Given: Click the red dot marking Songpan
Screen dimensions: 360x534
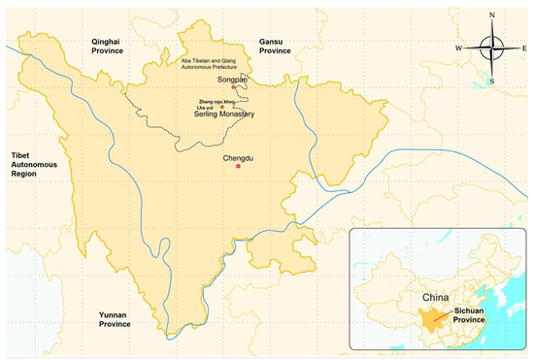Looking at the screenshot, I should (234, 86).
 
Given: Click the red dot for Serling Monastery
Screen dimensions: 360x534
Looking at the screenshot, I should (222, 105).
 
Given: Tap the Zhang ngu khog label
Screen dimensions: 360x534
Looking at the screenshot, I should (219, 99).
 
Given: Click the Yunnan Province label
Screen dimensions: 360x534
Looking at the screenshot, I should (115, 319).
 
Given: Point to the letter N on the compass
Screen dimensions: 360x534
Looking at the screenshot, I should (492, 15).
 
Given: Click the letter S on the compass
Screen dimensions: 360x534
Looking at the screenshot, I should (492, 82).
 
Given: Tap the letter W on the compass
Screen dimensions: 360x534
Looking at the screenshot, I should (459, 48).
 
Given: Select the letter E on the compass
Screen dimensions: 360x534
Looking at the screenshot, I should (524, 48).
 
